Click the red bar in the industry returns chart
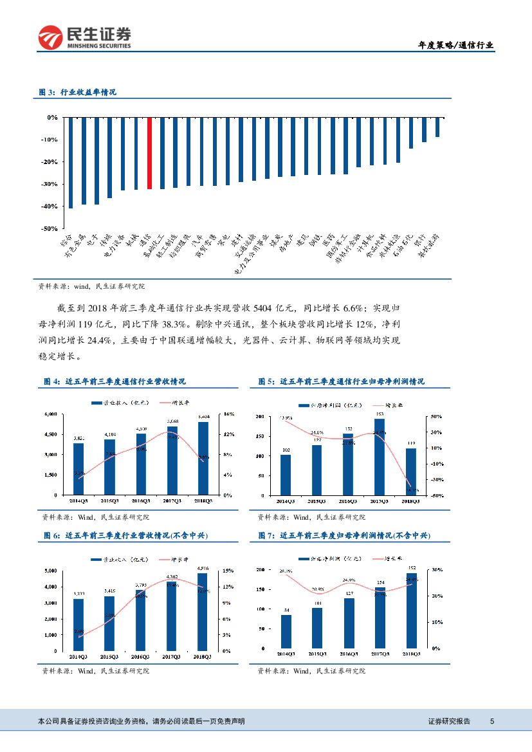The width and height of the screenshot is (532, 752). pos(149,153)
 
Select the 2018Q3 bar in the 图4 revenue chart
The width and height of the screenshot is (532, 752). pos(203,458)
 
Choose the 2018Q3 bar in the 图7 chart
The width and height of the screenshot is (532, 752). pos(411,610)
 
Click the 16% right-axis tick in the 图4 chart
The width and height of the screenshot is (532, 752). pos(227,414)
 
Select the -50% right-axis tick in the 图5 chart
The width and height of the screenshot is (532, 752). pos(436,495)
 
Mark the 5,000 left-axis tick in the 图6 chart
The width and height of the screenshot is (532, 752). pos(51,571)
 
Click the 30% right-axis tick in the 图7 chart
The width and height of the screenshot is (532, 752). pos(436,570)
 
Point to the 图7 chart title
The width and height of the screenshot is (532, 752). pos(344,536)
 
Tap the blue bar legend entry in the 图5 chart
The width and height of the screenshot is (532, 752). pos(325,405)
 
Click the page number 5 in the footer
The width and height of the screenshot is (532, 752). pos(491,721)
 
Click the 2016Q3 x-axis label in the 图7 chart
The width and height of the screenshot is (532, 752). pos(348,654)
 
